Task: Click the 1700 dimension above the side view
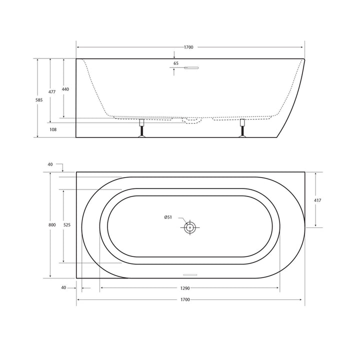click(188, 47)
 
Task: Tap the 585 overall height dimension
click(39, 100)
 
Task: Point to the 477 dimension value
click(51, 92)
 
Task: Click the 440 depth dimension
click(65, 89)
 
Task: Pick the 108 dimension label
click(53, 129)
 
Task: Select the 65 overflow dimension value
click(176, 63)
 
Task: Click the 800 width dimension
click(52, 225)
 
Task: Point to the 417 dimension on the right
click(318, 200)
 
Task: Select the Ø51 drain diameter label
click(168, 217)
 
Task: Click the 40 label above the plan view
click(50, 163)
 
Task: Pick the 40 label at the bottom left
click(63, 287)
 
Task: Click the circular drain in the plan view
click(190, 228)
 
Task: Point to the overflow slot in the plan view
click(191, 274)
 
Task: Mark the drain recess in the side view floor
click(191, 120)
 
